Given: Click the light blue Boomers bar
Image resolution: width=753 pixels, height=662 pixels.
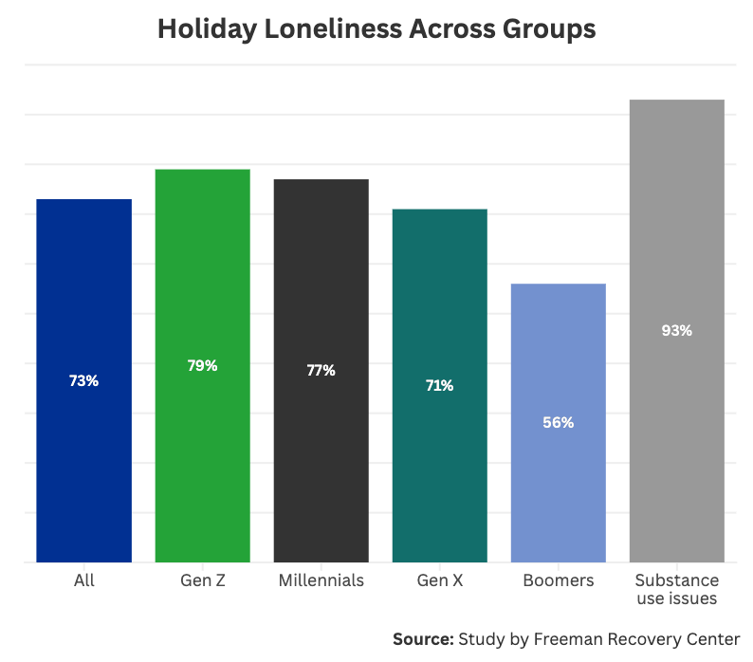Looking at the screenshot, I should pyautogui.click(x=558, y=474).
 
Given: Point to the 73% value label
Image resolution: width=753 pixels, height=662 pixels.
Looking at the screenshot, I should pyautogui.click(x=83, y=380).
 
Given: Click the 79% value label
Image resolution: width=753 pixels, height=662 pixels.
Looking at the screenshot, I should pyautogui.click(x=202, y=365).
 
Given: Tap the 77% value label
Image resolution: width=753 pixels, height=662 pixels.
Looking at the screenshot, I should pyautogui.click(x=321, y=370).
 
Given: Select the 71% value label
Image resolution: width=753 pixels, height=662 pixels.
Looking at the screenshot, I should pyautogui.click(x=439, y=385).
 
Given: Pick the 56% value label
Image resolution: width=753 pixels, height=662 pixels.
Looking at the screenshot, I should pyautogui.click(x=558, y=423).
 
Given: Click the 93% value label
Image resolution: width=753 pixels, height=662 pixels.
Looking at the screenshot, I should pyautogui.click(x=676, y=331).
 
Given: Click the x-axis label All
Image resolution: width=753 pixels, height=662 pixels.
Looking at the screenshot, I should pyautogui.click(x=83, y=580).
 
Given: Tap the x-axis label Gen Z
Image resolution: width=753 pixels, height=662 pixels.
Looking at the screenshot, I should pyautogui.click(x=202, y=580).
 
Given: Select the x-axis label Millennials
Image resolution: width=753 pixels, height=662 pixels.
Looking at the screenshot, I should pyautogui.click(x=321, y=580).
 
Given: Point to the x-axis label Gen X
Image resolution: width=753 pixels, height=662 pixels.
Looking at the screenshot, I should pyautogui.click(x=439, y=580).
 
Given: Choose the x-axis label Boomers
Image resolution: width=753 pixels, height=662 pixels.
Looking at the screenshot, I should pyautogui.click(x=558, y=580).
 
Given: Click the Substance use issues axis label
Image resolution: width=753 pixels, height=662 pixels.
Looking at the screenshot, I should pyautogui.click(x=676, y=589).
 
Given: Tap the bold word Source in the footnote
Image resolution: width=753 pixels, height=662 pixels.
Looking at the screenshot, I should pyautogui.click(x=422, y=638).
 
